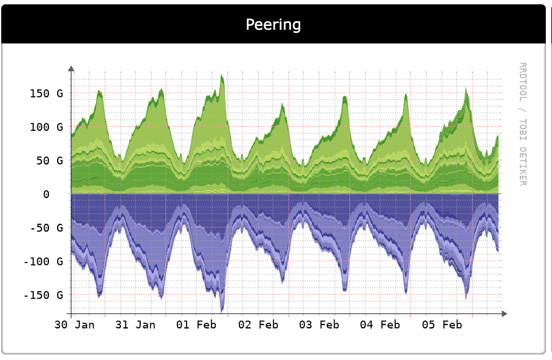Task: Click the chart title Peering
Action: tap(273, 25)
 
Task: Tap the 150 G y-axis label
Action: tap(47, 94)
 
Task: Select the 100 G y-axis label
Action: tap(47, 127)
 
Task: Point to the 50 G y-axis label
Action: tap(49, 161)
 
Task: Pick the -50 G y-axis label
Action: tap(47, 228)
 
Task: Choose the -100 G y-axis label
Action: tap(43, 261)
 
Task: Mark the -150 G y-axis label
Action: tap(43, 295)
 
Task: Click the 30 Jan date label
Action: tap(74, 325)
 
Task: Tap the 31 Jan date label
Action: tap(136, 325)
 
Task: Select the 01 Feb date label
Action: tap(197, 325)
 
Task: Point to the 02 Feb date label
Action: tap(259, 325)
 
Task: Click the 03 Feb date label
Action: tap(319, 325)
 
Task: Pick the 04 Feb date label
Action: tap(380, 325)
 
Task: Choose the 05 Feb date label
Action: tap(442, 325)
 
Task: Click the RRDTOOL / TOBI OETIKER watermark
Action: tap(522, 124)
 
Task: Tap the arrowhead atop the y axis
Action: tap(71, 68)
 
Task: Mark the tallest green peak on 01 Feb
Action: tap(221, 75)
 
